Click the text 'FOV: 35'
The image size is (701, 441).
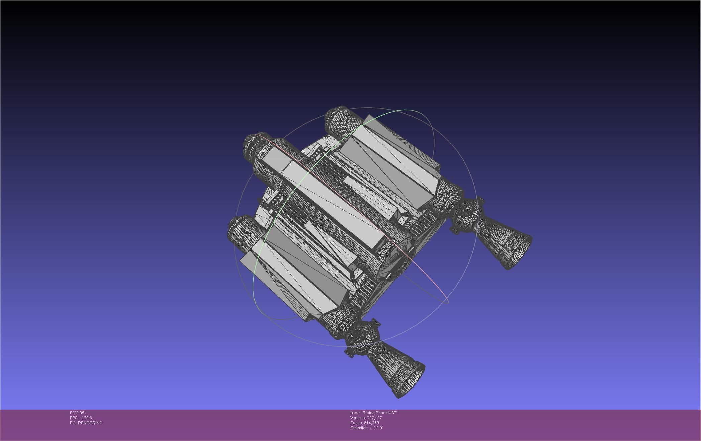77,413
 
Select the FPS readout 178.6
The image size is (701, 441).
86,418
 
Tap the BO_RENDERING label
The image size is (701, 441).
86,423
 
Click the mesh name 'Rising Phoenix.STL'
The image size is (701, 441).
380,413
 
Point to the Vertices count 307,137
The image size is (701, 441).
374,418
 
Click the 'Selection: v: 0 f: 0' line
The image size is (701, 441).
366,428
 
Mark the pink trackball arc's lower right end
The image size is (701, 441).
446,301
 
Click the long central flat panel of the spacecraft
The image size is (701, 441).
334,200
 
